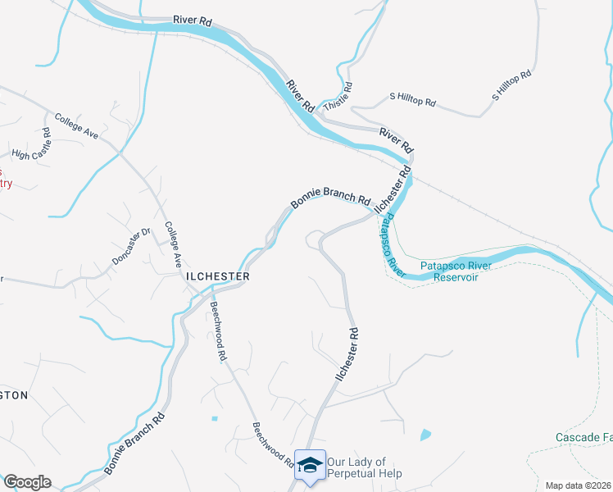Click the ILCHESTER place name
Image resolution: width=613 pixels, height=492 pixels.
(x=217, y=277)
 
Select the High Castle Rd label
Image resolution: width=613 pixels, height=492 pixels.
(x=32, y=143)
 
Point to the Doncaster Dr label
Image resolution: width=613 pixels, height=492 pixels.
(x=131, y=245)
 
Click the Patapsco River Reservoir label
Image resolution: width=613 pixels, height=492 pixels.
(x=449, y=271)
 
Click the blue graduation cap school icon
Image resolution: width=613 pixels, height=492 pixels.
(x=310, y=465)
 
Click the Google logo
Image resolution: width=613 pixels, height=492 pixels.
(x=26, y=482)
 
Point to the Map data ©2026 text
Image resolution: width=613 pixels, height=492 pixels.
(x=579, y=485)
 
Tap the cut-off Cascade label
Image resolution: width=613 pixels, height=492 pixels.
(x=583, y=437)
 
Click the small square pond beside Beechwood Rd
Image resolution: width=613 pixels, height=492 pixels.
(x=215, y=418)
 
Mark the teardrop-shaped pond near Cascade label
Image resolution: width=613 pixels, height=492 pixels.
(x=425, y=435)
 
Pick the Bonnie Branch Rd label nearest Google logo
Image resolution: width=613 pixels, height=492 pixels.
(x=135, y=445)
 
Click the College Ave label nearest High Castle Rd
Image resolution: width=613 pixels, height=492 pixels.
(x=76, y=125)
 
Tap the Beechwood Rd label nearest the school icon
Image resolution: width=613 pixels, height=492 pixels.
(x=273, y=445)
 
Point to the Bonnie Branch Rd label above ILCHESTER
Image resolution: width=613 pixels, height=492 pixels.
(x=331, y=198)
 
